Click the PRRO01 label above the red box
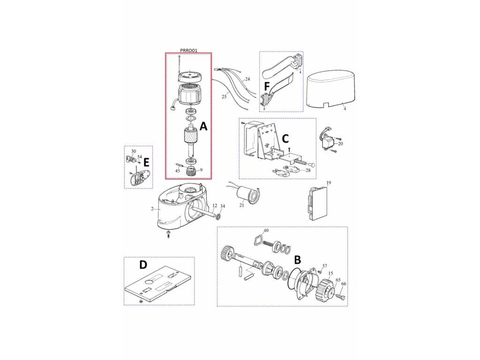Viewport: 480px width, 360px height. click(x=189, y=50)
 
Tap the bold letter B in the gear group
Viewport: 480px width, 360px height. click(x=297, y=259)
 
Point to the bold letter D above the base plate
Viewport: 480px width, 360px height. click(x=143, y=265)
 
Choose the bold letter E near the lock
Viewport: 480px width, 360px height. click(x=146, y=162)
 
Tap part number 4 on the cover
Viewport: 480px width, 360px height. click(x=345, y=109)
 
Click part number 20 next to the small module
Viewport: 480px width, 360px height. click(x=340, y=144)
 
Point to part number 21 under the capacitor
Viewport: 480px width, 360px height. click(x=242, y=206)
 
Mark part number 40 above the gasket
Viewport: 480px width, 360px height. click(x=266, y=230)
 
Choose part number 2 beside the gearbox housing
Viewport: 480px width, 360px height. click(x=152, y=208)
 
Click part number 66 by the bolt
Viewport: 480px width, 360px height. click(x=344, y=284)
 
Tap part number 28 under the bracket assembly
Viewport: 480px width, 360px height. click(x=307, y=170)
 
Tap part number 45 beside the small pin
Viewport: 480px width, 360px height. click(x=177, y=171)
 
